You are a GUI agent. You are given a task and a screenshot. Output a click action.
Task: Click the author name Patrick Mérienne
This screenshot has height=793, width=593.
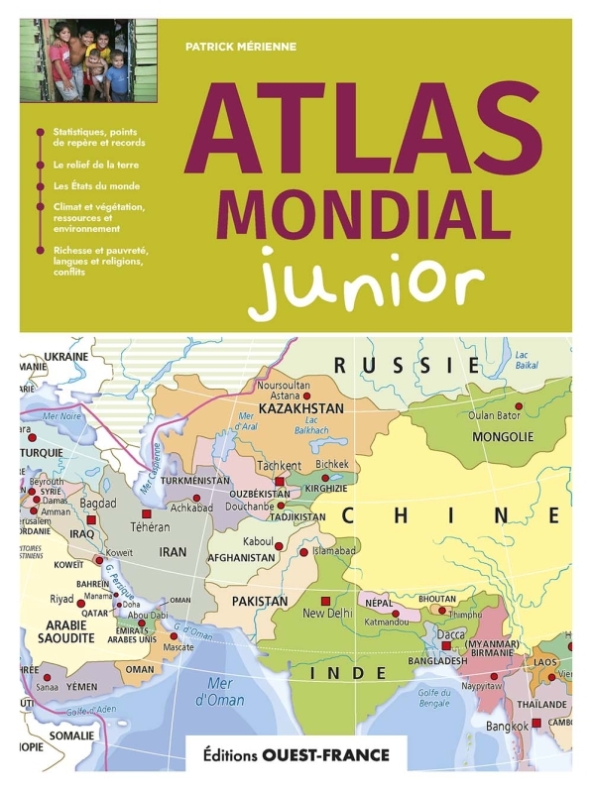[240, 45]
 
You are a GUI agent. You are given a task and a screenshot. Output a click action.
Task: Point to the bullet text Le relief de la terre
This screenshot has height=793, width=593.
[96, 165]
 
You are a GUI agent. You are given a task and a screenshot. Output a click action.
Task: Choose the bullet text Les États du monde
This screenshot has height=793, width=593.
[96, 185]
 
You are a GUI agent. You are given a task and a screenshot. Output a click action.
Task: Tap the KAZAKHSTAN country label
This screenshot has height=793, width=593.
[300, 407]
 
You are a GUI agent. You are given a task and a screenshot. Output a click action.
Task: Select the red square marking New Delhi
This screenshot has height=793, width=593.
[324, 601]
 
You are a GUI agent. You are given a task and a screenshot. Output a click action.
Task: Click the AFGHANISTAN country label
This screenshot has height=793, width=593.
[241, 558]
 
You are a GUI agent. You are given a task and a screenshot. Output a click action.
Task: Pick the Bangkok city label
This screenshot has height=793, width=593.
[506, 726]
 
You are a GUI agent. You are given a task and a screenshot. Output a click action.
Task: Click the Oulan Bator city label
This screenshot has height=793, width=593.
[495, 415]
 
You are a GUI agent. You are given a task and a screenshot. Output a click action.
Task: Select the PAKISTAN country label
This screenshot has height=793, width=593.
[260, 601]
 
